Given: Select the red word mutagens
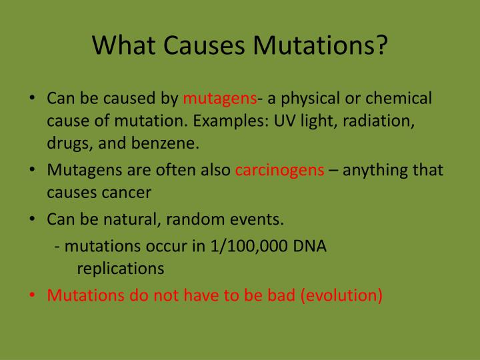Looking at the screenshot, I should pyautogui.click(x=220, y=99).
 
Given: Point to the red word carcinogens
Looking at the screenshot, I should pyautogui.click(x=280, y=170).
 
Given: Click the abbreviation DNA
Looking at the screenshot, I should pyautogui.click(x=310, y=246).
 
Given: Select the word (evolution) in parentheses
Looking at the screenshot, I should pyautogui.click(x=341, y=295).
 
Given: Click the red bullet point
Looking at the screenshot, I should pyautogui.click(x=33, y=295).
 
